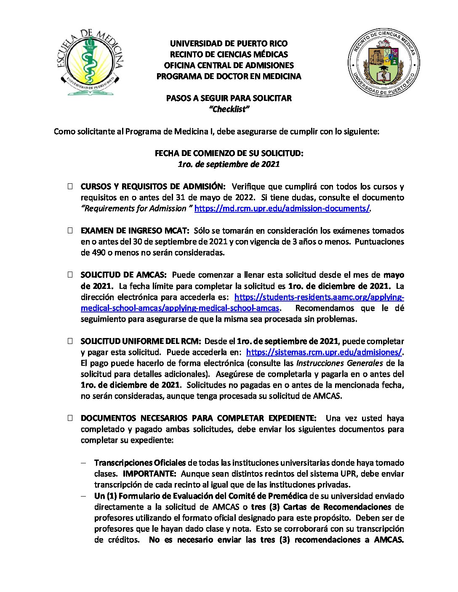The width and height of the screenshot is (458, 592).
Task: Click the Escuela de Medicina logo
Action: pyautogui.click(x=89, y=62)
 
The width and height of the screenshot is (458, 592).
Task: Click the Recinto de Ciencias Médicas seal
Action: pyautogui.click(x=383, y=63)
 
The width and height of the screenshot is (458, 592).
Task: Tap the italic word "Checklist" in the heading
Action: pyautogui.click(x=229, y=109)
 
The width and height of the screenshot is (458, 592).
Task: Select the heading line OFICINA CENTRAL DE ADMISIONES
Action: pyautogui.click(x=229, y=65)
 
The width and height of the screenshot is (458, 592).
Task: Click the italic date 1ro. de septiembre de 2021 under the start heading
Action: pyautogui.click(x=229, y=164)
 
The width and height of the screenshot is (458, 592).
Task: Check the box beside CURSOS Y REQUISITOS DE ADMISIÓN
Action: pyautogui.click(x=70, y=186)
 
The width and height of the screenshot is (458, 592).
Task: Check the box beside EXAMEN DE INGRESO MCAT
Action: pyautogui.click(x=70, y=230)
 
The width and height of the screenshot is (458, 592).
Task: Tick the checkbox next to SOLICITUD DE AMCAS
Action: pyautogui.click(x=70, y=275)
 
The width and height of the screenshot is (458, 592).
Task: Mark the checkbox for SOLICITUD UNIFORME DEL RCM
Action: pyautogui.click(x=70, y=341)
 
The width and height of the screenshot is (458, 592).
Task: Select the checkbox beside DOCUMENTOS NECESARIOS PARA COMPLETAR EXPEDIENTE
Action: pyautogui.click(x=70, y=418)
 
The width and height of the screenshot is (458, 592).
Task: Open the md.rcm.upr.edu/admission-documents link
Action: pyautogui.click(x=282, y=209)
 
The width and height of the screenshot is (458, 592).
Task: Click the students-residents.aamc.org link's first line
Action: pyautogui.click(x=319, y=297)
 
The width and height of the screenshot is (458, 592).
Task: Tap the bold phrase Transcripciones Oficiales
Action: pyautogui.click(x=140, y=463)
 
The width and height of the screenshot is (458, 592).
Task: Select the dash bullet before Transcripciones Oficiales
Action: pyautogui.click(x=84, y=463)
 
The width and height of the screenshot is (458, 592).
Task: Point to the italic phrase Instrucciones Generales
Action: pyautogui.click(x=339, y=363)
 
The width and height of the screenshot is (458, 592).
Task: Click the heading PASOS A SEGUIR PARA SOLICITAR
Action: pyautogui.click(x=229, y=98)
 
